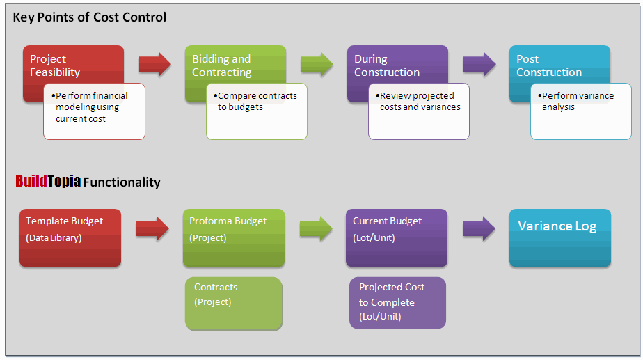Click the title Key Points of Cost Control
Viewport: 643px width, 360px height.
pyautogui.click(x=90, y=17)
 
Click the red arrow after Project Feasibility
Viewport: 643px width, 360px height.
pyautogui.click(x=154, y=64)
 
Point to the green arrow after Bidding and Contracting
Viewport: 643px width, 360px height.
pyautogui.click(x=317, y=64)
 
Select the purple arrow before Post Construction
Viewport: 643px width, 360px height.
pyautogui.click(x=479, y=64)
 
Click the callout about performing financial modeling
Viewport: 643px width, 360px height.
pyautogui.click(x=94, y=111)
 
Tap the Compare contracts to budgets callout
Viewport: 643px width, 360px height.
pyautogui.click(x=256, y=111)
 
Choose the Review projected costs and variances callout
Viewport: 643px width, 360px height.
pyautogui.click(x=418, y=111)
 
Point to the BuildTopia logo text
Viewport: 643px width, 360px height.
pyautogui.click(x=48, y=182)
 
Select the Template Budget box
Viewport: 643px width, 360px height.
pyautogui.click(x=70, y=237)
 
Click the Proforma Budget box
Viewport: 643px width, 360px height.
pyautogui.click(x=233, y=237)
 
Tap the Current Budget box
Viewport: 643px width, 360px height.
pyautogui.click(x=396, y=237)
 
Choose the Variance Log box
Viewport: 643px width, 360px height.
pyautogui.click(x=559, y=237)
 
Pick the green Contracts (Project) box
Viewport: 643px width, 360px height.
pyautogui.click(x=233, y=303)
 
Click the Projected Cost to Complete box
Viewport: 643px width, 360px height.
pyautogui.click(x=397, y=303)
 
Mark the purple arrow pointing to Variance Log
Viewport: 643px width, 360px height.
pyautogui.click(x=479, y=228)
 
